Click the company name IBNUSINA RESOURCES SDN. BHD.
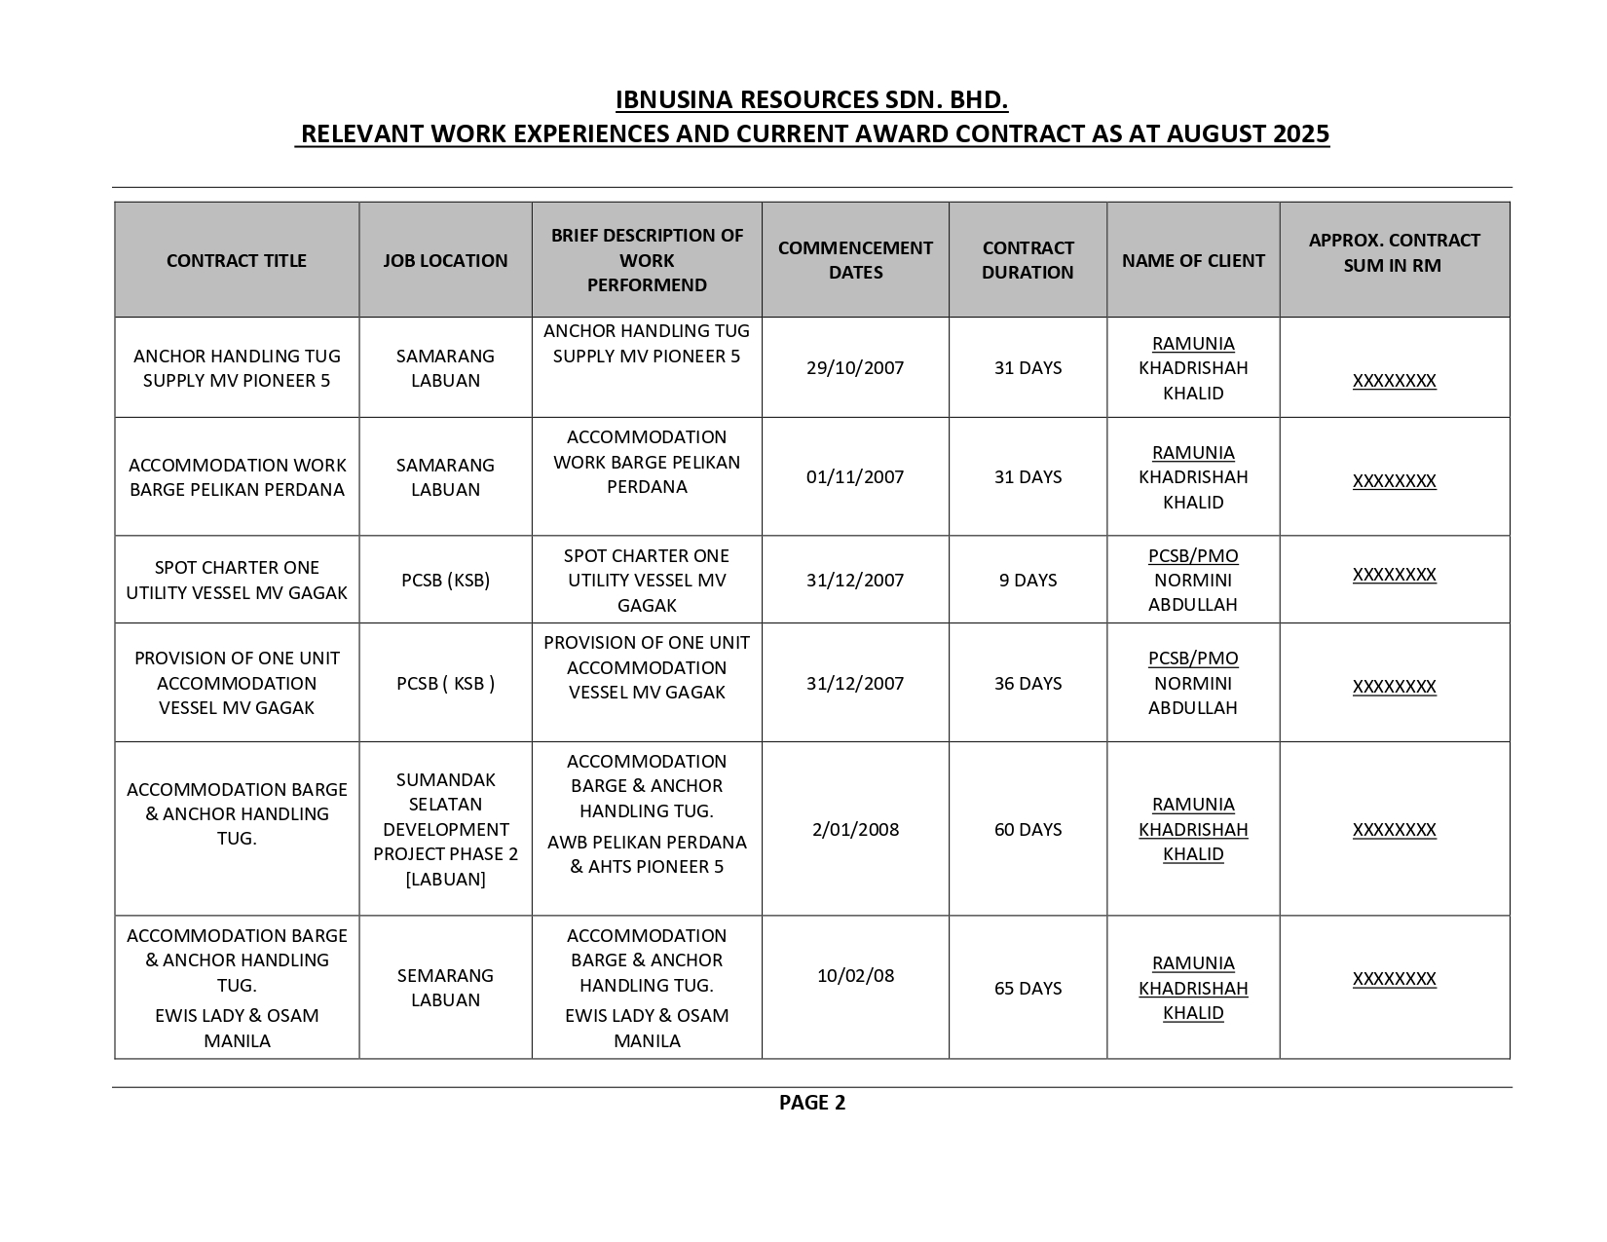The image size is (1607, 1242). [x=811, y=100]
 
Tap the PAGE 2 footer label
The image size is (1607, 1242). [x=811, y=1103]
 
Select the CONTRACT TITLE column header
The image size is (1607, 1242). [x=237, y=260]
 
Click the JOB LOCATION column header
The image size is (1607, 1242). [x=445, y=260]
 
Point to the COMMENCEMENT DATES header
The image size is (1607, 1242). [x=855, y=260]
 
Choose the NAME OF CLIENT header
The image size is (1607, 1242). [x=1193, y=260]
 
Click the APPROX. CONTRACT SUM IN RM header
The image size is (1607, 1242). [x=1394, y=252]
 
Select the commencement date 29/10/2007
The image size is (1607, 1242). [x=855, y=367]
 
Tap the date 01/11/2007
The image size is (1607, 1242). [x=855, y=476]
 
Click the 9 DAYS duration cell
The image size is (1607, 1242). [x=1028, y=580]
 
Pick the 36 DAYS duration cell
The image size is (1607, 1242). [x=1028, y=683]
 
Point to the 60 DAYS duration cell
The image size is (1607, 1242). [x=1028, y=829]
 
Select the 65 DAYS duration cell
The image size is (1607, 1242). [x=1028, y=988]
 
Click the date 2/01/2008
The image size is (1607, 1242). [x=855, y=829]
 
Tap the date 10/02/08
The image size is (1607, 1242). [x=855, y=975]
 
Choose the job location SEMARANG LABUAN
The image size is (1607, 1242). [x=445, y=988]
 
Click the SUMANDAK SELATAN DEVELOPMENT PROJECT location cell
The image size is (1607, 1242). [x=445, y=829]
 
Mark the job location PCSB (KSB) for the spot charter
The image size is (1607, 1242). [x=445, y=580]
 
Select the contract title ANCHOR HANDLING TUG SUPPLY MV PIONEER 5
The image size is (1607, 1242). [x=237, y=368]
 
